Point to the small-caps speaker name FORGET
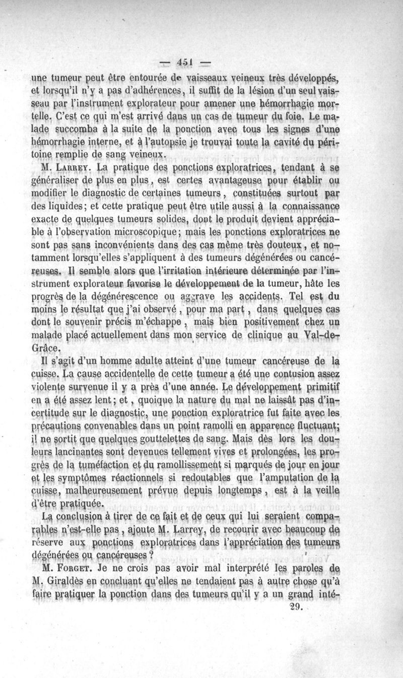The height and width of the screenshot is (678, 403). (x=73, y=580)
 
